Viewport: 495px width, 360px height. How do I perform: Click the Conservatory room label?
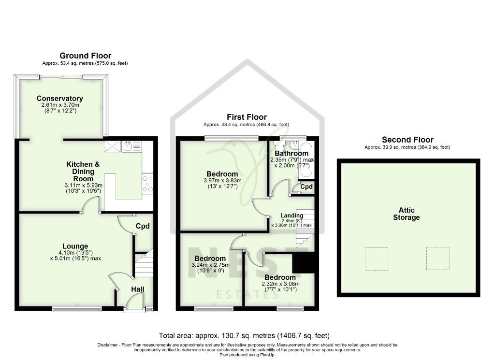tap(60, 99)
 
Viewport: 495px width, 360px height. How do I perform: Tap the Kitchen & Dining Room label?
tap(83, 171)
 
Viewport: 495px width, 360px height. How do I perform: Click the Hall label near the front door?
tap(138, 289)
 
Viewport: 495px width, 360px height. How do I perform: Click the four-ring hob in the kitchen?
tap(147, 184)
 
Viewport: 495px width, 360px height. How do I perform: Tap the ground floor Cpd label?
tap(143, 226)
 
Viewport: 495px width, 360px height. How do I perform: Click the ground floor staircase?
tap(144, 265)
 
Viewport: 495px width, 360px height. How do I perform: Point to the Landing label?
tap(291, 216)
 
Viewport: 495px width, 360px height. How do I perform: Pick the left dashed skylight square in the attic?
tap(376, 259)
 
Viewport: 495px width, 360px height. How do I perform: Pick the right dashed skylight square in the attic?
tap(437, 259)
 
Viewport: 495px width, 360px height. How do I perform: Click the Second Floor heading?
tap(408, 140)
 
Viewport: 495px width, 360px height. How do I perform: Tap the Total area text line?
tap(244, 335)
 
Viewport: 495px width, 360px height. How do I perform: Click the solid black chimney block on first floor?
tap(304, 263)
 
